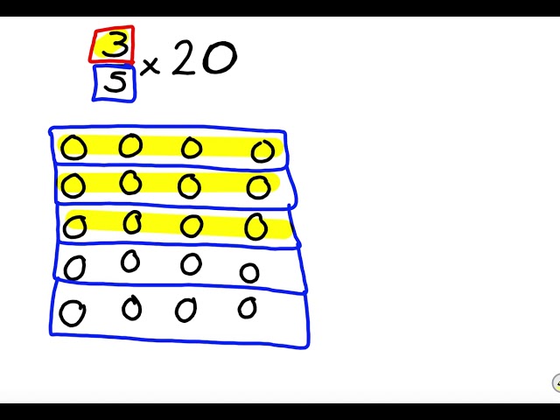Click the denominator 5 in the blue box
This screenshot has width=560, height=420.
115,84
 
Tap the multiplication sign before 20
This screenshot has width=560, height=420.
150,66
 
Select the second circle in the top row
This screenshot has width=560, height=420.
130,145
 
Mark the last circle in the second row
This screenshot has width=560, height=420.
258,187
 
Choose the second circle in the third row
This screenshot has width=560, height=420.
132,223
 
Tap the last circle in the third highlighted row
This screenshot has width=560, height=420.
256,227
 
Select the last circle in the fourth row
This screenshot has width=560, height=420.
249,273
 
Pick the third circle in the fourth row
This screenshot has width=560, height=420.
191,263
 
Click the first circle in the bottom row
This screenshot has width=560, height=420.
72,312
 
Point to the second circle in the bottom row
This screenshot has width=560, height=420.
131,308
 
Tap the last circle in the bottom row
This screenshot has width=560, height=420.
248,308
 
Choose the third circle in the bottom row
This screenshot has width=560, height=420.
185,310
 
